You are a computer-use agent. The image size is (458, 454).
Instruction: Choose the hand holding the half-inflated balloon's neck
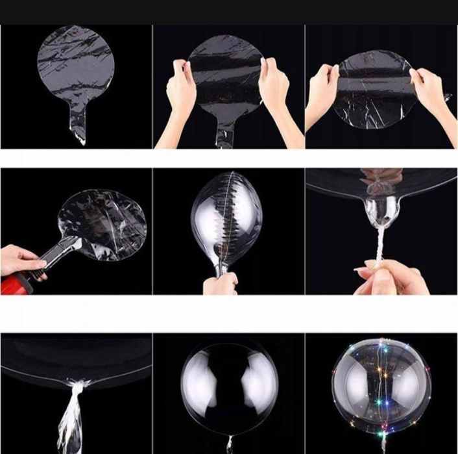click(x=221, y=284)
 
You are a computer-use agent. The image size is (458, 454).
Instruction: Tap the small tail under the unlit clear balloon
click(x=229, y=443)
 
